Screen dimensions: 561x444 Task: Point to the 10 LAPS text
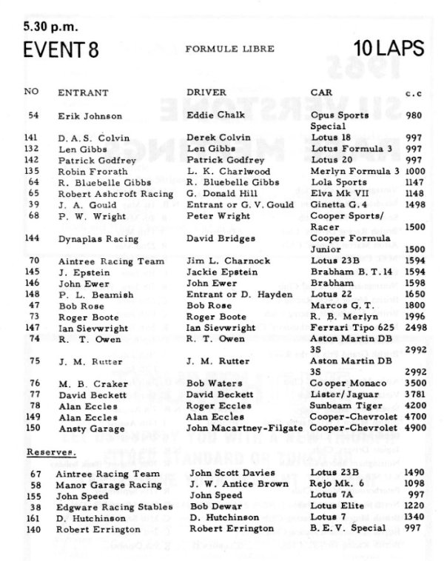tap(388, 50)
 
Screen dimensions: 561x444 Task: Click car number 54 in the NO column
tap(33, 116)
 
